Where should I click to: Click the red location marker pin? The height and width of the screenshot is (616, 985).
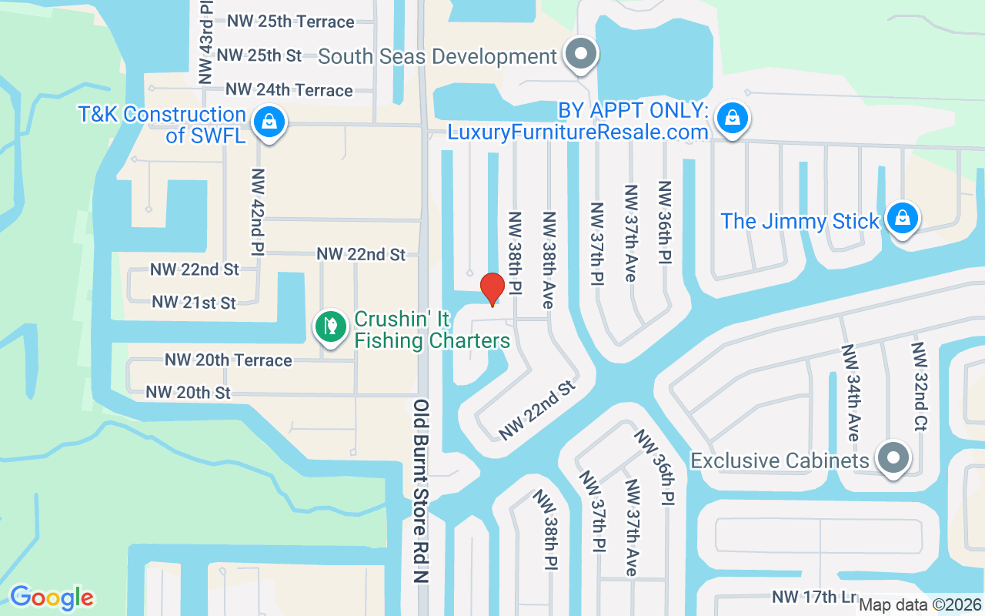coord(492,288)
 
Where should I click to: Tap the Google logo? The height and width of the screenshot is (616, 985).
coord(52,598)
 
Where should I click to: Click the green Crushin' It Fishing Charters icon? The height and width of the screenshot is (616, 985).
coord(330,326)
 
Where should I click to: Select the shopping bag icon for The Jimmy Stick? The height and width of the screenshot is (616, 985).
coord(903,219)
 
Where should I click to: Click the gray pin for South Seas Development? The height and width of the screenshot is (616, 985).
coord(582,54)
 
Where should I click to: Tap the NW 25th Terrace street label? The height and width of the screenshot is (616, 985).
coord(291,22)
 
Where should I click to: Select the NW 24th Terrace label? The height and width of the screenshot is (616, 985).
coord(289,90)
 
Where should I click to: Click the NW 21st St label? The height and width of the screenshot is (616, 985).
coord(194,303)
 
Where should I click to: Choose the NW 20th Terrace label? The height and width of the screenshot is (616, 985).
coord(229,360)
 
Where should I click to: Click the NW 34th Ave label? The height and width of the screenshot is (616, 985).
coord(850,393)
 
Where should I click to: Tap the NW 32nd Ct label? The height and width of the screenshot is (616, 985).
coord(920,387)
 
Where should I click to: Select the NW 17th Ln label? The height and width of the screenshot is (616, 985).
coord(814,597)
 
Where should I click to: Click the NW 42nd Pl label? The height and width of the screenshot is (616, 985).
coord(258,212)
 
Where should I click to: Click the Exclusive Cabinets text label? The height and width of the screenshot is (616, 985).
coord(780,460)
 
